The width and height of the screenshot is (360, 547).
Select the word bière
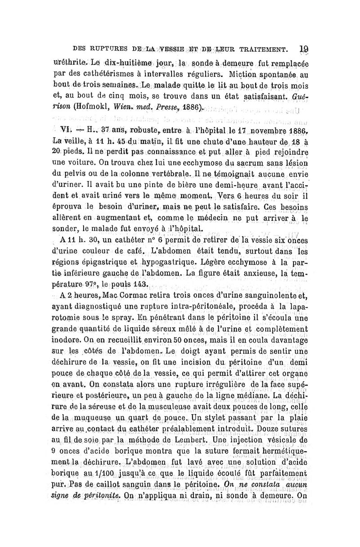(x=161, y=196)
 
